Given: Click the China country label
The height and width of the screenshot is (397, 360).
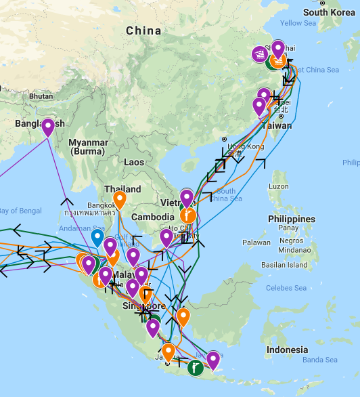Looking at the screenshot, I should click(143, 30).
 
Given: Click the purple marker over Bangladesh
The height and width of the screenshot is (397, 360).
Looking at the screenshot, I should click(48, 127).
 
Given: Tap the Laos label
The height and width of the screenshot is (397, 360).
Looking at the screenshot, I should click(134, 162).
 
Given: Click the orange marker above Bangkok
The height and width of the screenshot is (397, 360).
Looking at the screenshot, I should click(120, 199).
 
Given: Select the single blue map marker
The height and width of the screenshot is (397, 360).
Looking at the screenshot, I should click(97, 237).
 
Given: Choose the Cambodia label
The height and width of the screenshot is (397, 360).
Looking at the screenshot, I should click(153, 217).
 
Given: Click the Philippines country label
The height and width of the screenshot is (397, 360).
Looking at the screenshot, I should click(292, 220).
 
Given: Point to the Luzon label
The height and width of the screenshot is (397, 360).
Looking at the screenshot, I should click(279, 186).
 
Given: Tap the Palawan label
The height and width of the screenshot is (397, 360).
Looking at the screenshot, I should click(256, 242).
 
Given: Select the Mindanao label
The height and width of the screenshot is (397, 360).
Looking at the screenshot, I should click(296, 250).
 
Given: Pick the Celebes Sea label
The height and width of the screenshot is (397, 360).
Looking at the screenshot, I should click(286, 288).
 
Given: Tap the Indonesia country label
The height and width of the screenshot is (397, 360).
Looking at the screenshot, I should click(288, 350).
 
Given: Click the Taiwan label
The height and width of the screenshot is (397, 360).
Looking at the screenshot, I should click(277, 125).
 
